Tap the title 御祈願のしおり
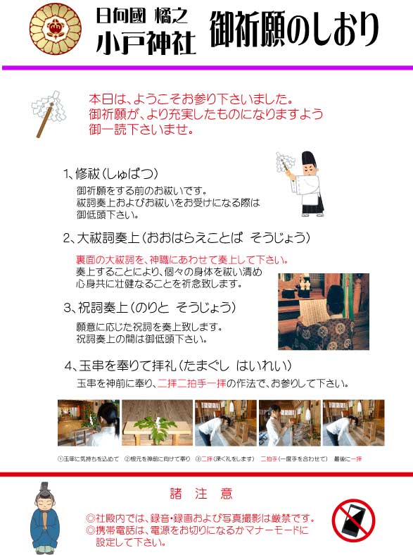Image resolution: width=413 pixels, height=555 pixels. click(x=293, y=30)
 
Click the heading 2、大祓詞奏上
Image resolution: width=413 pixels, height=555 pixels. click(x=186, y=237)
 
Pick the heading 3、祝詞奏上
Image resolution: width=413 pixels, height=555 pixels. click(x=149, y=308)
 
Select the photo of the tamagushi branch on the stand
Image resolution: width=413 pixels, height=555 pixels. click(x=157, y=423)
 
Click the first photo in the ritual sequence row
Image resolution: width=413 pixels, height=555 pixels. click(x=88, y=423)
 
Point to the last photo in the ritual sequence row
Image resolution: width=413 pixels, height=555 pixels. click(x=353, y=423)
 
